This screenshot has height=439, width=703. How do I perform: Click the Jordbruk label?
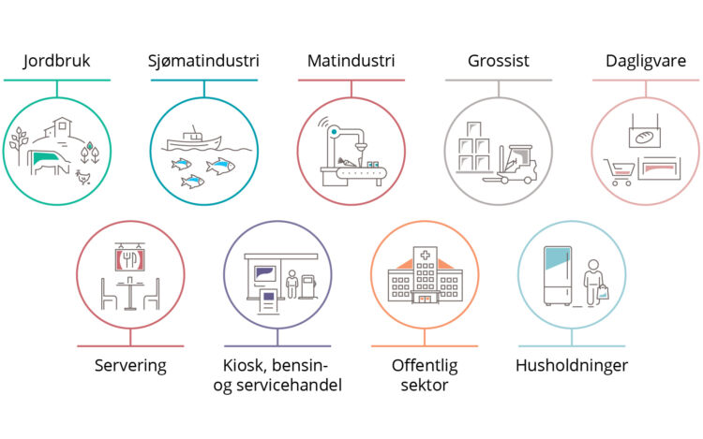tap(56, 61)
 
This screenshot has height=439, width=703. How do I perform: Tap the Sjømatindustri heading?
tap(203, 61)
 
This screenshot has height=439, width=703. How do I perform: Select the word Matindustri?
tap(351, 61)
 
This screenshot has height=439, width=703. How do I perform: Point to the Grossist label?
tap(498, 61)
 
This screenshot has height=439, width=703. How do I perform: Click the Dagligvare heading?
tap(646, 61)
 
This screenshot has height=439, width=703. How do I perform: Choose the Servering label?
tap(130, 366)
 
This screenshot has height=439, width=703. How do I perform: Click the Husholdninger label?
tap(572, 365)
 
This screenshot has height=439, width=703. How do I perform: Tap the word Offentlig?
tap(425, 366)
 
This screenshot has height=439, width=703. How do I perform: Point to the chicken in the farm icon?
tap(82, 177)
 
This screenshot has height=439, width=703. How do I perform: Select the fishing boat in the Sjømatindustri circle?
tap(194, 139)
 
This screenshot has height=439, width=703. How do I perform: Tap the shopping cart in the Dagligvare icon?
tap(620, 172)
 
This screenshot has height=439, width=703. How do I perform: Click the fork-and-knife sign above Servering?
tap(130, 259)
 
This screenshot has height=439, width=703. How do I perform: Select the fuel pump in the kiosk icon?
tap(308, 286)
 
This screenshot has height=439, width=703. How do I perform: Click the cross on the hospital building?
tap(425, 256)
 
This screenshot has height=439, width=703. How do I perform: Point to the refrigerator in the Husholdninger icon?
tap(558, 275)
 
